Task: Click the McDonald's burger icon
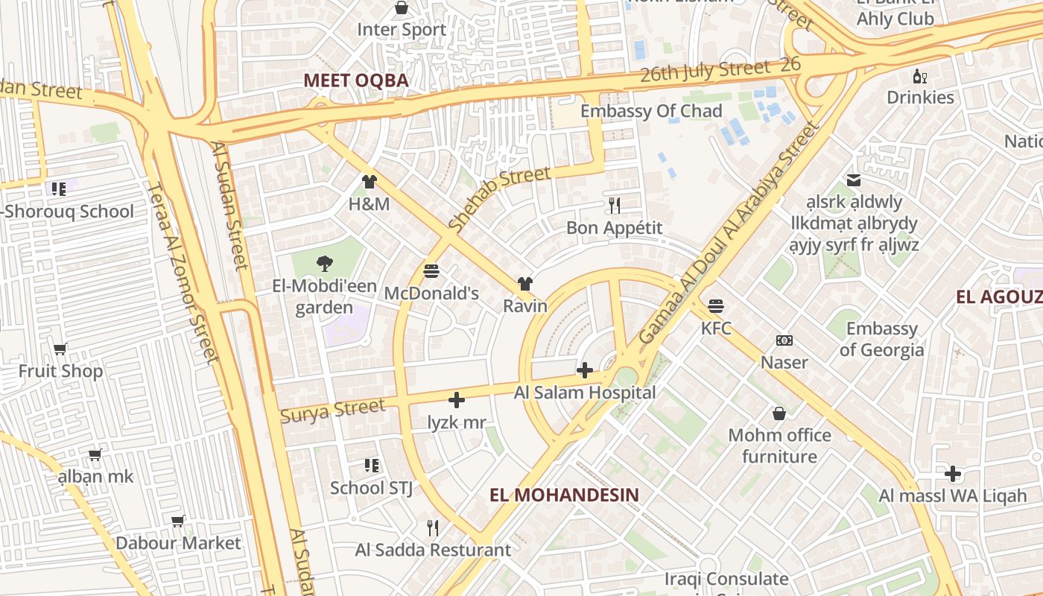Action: click(x=431, y=271)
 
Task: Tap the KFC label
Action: click(x=716, y=328)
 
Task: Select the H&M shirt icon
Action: click(x=369, y=181)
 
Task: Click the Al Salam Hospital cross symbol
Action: click(x=585, y=370)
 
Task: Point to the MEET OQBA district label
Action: click(x=356, y=80)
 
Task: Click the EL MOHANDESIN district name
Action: click(x=565, y=495)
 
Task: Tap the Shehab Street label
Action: click(x=500, y=198)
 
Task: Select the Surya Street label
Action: click(x=332, y=410)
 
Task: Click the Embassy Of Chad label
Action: click(x=651, y=111)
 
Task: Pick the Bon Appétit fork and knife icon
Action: click(x=615, y=206)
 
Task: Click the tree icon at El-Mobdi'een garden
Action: click(x=323, y=263)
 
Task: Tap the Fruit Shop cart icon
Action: click(x=60, y=349)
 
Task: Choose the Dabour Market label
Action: click(x=178, y=543)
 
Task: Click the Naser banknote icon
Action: click(x=784, y=340)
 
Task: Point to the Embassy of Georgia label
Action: click(x=881, y=339)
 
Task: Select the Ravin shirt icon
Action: click(x=525, y=284)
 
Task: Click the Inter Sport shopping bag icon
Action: click(x=402, y=8)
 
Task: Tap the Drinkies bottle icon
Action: click(x=920, y=76)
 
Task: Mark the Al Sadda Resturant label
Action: click(x=433, y=551)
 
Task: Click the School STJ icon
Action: click(x=372, y=466)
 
